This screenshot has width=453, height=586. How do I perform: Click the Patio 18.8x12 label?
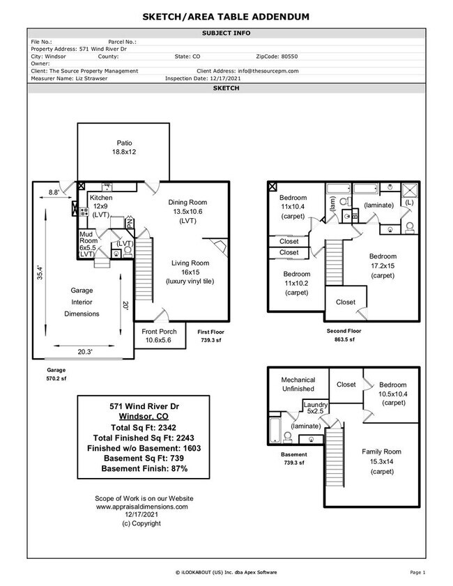pyautogui.click(x=123, y=147)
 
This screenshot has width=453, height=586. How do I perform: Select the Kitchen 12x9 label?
pyautogui.click(x=100, y=206)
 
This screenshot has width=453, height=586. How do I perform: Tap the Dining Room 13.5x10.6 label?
pyautogui.click(x=187, y=211)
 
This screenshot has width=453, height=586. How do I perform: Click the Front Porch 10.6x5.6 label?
pyautogui.click(x=159, y=336)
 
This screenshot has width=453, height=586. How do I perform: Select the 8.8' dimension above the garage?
pyautogui.click(x=53, y=192)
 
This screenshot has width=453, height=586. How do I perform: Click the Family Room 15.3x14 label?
pyautogui.click(x=381, y=456)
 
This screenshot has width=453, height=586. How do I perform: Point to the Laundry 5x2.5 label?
pyautogui.click(x=315, y=409)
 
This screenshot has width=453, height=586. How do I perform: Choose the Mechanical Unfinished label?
pyautogui.click(x=298, y=384)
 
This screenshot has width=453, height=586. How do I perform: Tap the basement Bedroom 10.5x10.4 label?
pyautogui.click(x=393, y=394)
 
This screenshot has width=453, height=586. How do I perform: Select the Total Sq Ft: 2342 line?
pyautogui.click(x=144, y=426)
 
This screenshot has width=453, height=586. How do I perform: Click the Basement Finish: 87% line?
pyautogui.click(x=144, y=469)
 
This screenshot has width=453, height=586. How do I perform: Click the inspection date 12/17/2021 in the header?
pyautogui.click(x=209, y=79)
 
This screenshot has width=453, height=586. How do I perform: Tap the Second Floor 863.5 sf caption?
pyautogui.click(x=342, y=335)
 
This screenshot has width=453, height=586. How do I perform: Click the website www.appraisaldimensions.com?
pyautogui.click(x=141, y=507)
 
